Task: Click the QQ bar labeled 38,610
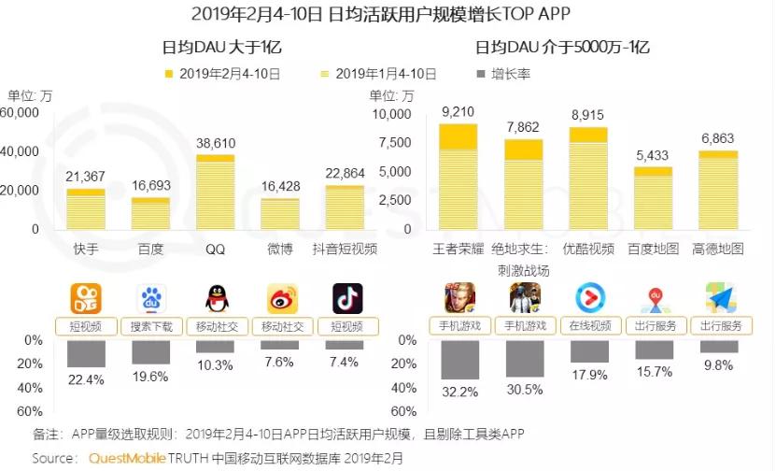coord(216,192)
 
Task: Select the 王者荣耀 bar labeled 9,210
coord(458,177)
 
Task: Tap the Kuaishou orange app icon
coord(86,298)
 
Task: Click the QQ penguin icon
coord(216,298)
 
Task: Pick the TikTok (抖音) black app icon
coord(346,298)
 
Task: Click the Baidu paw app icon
coord(150,298)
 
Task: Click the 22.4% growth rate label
coord(86,379)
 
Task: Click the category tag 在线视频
coord(589,326)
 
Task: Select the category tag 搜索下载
coord(150,326)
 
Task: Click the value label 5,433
coord(654,155)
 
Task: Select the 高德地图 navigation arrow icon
coord(719,298)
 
